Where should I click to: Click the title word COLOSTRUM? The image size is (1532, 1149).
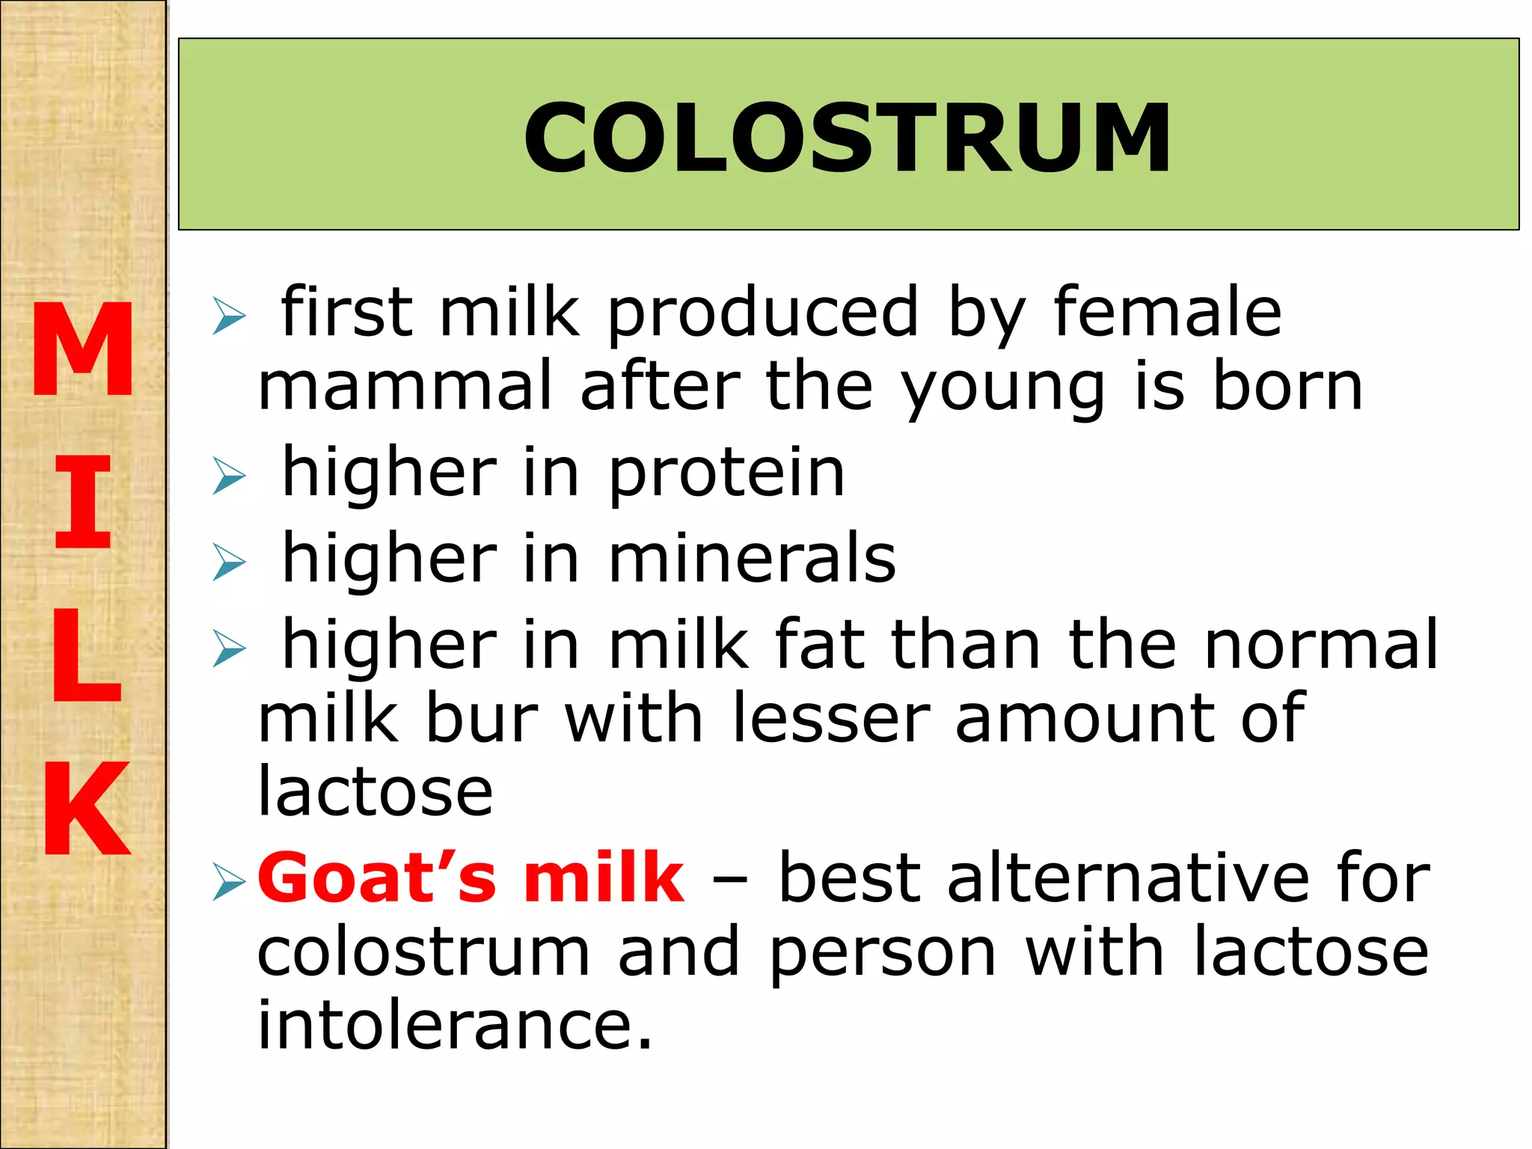(848, 138)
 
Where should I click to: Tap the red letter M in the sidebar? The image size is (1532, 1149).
(83, 349)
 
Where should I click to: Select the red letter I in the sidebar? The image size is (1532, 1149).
(83, 501)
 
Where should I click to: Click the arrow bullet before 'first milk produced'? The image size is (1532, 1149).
(228, 315)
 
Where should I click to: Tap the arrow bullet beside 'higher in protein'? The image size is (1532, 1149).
(228, 476)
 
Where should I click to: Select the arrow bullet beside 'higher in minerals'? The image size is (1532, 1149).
(228, 562)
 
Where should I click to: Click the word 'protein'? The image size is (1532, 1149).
(726, 476)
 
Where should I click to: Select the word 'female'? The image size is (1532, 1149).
(1168, 312)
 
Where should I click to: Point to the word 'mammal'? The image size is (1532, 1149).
(405, 387)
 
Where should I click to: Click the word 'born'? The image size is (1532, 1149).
(1287, 387)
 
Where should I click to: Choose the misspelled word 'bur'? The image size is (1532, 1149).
(482, 718)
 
